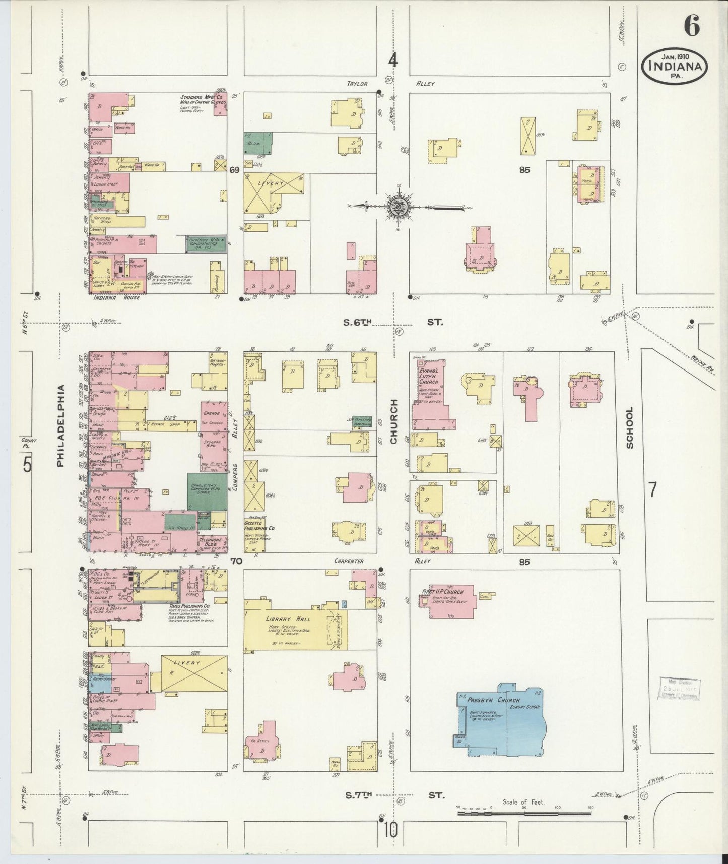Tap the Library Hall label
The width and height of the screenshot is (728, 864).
(289, 619)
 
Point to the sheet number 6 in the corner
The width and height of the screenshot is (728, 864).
(692, 26)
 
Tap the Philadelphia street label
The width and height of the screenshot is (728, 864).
(61, 426)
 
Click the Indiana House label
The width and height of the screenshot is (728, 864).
(116, 297)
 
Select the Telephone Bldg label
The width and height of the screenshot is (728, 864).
(212, 541)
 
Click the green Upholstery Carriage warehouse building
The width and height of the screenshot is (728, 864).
(207, 491)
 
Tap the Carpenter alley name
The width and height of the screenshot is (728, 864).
(349, 561)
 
